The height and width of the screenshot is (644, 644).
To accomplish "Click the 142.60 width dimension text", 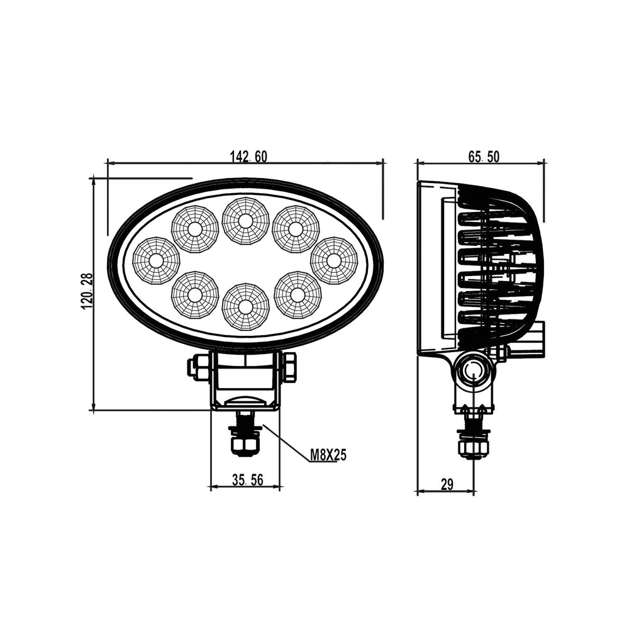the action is tap(248, 157).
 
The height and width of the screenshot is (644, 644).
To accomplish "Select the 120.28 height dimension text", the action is tap(88, 291).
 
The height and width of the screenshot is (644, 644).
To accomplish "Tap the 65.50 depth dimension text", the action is tap(484, 157).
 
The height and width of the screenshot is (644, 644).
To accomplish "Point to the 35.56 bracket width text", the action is tap(247, 479).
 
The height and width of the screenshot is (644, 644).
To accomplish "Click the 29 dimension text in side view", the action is tap(447, 485).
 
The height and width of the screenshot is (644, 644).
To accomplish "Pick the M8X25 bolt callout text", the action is tap(328, 455).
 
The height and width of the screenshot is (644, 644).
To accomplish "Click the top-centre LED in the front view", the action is tap(245, 221).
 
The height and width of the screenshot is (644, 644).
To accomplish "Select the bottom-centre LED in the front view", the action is tap(245, 306).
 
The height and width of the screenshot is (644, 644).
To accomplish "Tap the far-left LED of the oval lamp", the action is tap(157, 260).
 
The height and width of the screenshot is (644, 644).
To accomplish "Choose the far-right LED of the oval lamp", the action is tap(334, 260).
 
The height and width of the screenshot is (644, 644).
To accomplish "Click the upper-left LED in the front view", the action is tap(194, 229).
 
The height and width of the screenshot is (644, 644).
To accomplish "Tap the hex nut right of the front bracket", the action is tap(289, 367).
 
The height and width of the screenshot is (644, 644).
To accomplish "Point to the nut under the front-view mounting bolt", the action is tap(245, 445).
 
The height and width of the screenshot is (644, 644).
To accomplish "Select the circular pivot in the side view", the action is tap(473, 370).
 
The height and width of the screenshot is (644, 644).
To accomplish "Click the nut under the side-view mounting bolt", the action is tap(474, 448).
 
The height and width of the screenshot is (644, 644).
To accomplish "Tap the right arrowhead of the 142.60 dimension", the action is tap(380, 163).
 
